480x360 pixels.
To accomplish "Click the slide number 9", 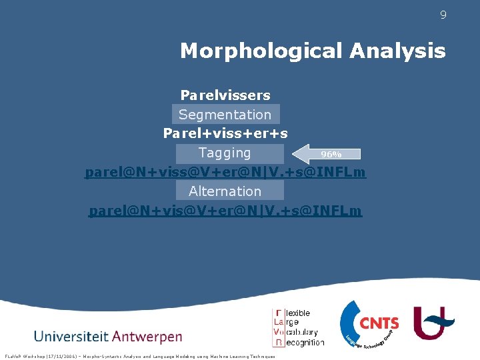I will click(443, 15).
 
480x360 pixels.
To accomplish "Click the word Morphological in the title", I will click(261, 51).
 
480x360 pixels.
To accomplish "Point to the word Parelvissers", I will click(225, 95).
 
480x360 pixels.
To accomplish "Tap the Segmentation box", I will click(225, 115).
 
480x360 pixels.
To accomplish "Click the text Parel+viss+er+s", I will click(225, 133).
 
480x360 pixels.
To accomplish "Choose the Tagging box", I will click(225, 153).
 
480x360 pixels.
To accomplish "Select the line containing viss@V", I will click(225, 173).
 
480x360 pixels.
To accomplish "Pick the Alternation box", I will click(225, 191).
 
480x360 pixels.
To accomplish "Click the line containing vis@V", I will click(225, 211).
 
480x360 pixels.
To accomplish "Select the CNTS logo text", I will click(379, 324).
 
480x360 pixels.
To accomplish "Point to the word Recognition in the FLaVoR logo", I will click(303, 342).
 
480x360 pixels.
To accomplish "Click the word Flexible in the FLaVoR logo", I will click(298, 313).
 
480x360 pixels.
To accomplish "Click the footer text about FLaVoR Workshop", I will click(139, 356).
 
